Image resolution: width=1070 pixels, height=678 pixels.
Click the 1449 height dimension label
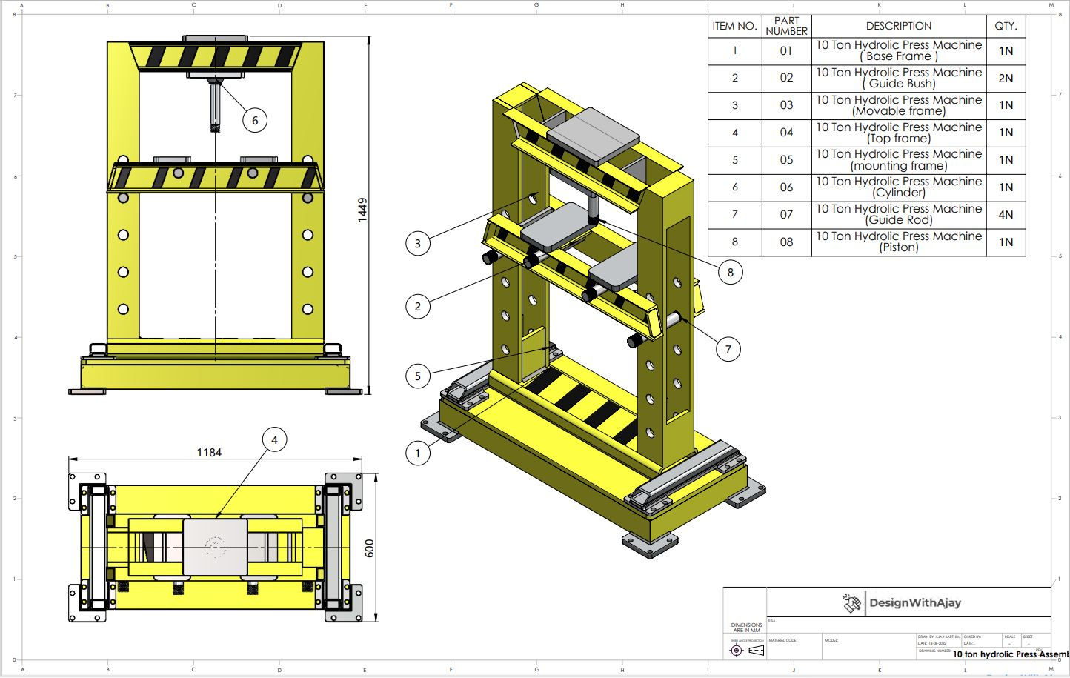[x=362, y=210]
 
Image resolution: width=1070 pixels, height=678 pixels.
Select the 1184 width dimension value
[x=208, y=452]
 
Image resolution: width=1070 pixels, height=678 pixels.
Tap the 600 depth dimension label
[x=370, y=548]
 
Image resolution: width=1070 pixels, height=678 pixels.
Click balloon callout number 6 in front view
[x=254, y=120]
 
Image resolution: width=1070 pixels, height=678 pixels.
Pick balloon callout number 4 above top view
[x=274, y=439]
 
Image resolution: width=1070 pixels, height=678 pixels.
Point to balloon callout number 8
[x=730, y=272]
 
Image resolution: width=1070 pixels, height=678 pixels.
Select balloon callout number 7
[x=728, y=349]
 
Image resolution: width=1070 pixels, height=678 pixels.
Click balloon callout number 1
[x=418, y=453]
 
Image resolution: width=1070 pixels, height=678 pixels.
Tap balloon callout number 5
[x=418, y=376]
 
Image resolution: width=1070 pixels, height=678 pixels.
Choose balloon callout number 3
[x=418, y=243]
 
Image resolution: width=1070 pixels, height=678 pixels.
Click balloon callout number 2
[x=418, y=306]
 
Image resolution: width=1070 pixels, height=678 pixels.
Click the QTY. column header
[x=1006, y=26]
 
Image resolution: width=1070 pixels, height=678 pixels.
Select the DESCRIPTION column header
[x=898, y=26]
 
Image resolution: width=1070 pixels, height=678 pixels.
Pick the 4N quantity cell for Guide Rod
[x=1006, y=215]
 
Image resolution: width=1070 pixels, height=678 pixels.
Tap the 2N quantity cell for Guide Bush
[x=1006, y=78]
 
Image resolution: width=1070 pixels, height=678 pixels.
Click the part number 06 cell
[x=786, y=187]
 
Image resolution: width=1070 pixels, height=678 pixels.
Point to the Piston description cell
[x=898, y=242]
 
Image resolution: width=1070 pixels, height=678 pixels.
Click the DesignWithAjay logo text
[x=914, y=602]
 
